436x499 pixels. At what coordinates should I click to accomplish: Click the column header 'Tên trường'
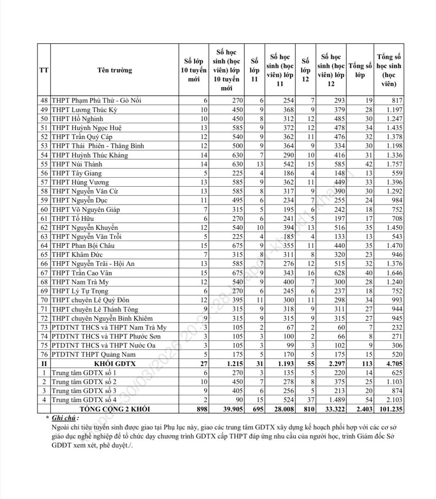coord(114,70)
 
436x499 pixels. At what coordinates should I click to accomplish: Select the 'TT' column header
coord(44,70)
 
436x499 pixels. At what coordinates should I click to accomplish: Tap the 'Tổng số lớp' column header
coord(360,70)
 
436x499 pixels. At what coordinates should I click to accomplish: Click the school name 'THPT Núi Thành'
coord(72,164)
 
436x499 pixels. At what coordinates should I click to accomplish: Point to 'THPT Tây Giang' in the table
coord(77,173)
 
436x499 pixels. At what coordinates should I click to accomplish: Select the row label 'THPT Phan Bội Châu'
coord(83,246)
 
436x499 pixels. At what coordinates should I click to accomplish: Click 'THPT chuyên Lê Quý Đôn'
coord(90,300)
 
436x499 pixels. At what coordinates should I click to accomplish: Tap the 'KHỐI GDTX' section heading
coord(114,364)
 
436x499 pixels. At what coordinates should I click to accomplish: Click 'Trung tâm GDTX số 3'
coord(84,391)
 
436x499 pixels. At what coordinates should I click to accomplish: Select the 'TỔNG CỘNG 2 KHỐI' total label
coord(114,409)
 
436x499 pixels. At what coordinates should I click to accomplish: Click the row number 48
coord(44,101)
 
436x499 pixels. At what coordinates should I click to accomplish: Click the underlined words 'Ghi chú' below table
coord(64,418)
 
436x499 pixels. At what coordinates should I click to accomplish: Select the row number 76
coord(44,354)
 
